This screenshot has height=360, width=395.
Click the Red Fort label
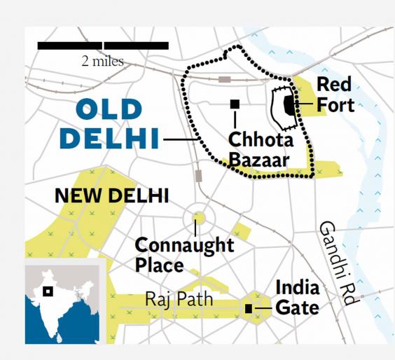(x=335, y=95)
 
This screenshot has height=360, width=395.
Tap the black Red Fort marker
(x=289, y=105)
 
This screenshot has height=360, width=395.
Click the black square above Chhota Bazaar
(x=235, y=104)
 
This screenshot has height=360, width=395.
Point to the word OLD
(x=109, y=110)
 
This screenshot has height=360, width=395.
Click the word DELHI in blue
(x=109, y=139)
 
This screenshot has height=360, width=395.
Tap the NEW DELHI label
(x=111, y=195)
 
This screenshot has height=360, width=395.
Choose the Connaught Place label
(x=184, y=255)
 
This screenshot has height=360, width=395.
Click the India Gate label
(x=297, y=298)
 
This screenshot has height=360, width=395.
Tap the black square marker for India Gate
(x=249, y=308)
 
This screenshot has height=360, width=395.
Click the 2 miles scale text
(x=102, y=61)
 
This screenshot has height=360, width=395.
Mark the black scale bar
(x=102, y=46)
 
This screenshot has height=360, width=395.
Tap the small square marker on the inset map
(x=48, y=291)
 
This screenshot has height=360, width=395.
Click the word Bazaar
(x=258, y=160)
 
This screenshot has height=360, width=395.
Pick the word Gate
(x=297, y=307)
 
